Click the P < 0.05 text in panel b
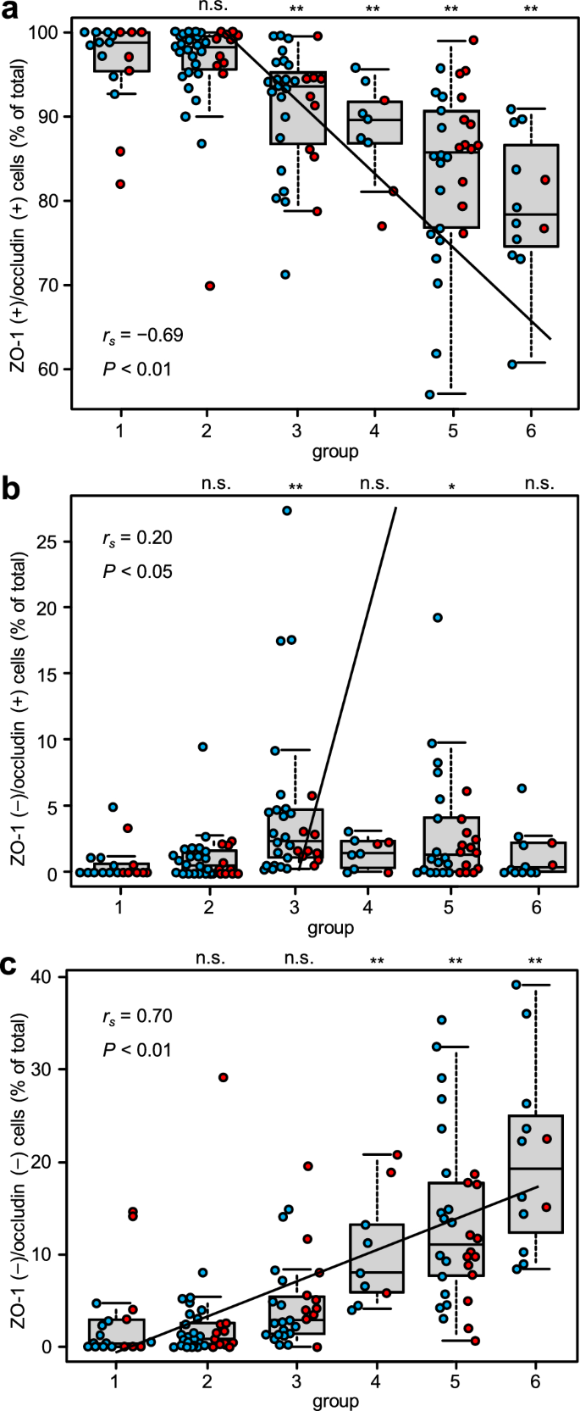(137, 571)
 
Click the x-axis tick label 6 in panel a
(531, 431)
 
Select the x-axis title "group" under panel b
(330, 928)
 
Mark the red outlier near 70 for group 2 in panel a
(210, 286)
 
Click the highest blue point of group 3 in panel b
(287, 511)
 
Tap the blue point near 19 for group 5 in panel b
(438, 618)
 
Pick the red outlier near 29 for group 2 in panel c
(224, 1077)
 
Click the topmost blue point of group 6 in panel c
(516, 985)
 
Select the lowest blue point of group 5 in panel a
(430, 394)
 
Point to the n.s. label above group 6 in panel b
(539, 484)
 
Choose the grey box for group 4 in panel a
(375, 123)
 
